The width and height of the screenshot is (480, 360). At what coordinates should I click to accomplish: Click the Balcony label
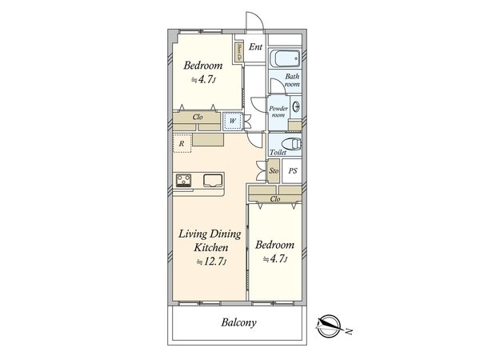[238, 322]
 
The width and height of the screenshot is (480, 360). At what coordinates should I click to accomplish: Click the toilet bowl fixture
[291, 144]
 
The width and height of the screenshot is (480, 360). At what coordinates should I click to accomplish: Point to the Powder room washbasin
[296, 107]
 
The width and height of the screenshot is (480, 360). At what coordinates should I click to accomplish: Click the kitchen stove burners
[183, 180]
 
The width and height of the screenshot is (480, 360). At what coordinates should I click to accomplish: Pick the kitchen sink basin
[213, 180]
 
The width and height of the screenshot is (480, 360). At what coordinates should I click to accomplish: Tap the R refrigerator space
[182, 143]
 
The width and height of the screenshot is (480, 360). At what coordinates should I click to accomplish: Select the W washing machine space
[232, 121]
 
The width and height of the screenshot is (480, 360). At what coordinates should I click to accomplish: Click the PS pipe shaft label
[293, 171]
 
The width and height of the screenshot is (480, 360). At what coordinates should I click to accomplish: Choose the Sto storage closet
[274, 171]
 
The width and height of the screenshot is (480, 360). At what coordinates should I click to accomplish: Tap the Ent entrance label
[255, 47]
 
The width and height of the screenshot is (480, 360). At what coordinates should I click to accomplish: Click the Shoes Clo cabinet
[238, 52]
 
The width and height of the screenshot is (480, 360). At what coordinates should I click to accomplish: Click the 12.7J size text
[211, 262]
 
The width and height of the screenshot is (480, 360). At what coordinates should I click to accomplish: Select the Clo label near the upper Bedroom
[198, 117]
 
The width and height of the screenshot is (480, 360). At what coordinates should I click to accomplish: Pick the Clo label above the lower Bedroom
[275, 199]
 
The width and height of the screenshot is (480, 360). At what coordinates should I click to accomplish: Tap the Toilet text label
[278, 152]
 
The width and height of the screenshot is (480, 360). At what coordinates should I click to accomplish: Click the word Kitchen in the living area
[211, 247]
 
